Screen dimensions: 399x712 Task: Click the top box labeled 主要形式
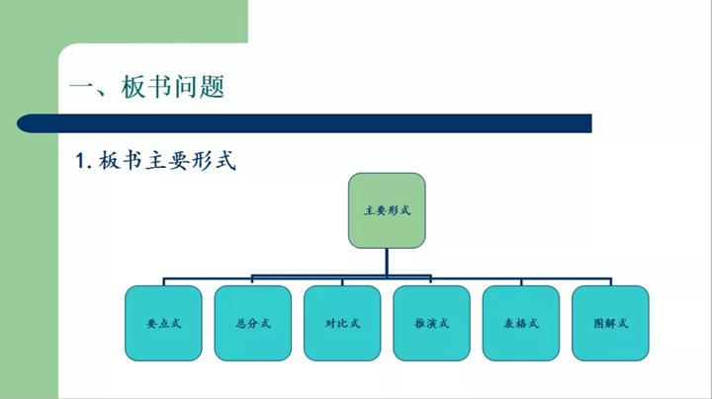coord(387,210)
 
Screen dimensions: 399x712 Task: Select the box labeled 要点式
coord(163,323)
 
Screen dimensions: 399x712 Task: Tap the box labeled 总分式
coord(252,323)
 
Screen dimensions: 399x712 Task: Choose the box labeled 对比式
coord(342,323)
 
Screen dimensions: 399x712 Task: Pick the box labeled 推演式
coord(431,323)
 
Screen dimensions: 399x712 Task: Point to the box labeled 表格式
coord(520,323)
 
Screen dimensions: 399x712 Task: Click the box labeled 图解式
coord(610,323)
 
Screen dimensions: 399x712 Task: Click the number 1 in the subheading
coord(81,160)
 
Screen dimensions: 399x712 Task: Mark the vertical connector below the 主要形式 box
coord(387,261)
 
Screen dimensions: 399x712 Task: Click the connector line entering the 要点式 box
coord(163,280)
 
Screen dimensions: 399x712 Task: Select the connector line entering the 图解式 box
coord(610,280)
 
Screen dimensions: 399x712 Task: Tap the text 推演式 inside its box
coord(431,324)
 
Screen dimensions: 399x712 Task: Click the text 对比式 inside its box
coord(342,324)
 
